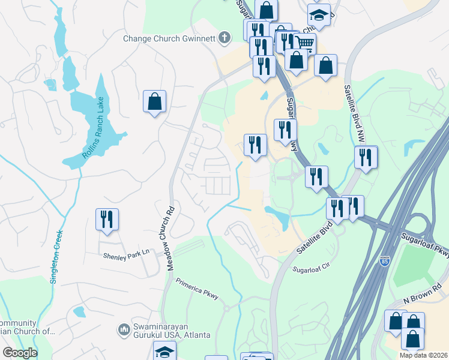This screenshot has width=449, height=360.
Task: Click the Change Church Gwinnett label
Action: pos(169,38)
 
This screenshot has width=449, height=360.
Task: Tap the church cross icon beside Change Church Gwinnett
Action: pos(224,38)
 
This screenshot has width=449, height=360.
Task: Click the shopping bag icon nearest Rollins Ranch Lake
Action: pos(154,101)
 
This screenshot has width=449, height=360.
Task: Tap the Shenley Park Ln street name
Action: pos(125,255)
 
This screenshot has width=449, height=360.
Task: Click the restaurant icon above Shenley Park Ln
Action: pos(107,219)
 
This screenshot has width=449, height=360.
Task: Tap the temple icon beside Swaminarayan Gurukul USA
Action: pos(124,329)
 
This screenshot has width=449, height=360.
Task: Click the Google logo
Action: pos(20,353)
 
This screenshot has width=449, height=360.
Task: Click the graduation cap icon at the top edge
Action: pos(319,16)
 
